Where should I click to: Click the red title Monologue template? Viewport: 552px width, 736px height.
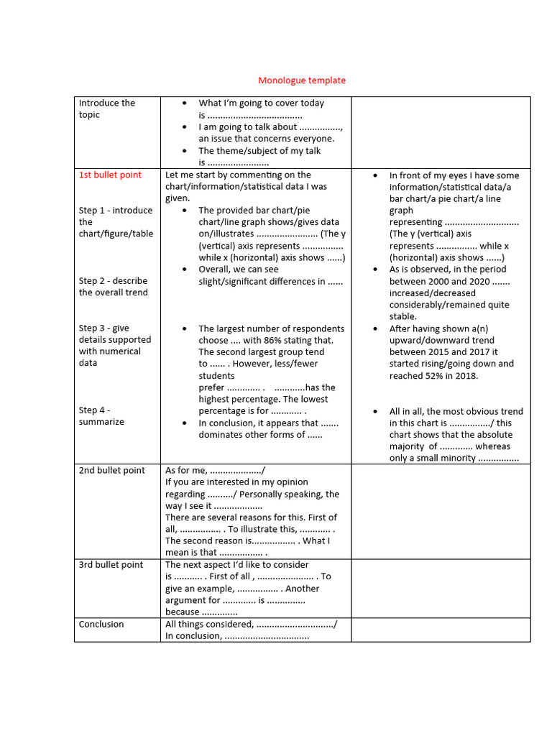pyautogui.click(x=302, y=80)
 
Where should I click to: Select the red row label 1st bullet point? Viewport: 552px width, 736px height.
pyautogui.click(x=110, y=175)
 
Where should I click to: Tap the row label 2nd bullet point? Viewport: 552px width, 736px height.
pyautogui.click(x=111, y=470)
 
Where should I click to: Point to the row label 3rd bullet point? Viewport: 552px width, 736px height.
pyautogui.click(x=111, y=565)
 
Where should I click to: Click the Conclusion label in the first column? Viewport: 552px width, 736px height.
pyautogui.click(x=101, y=624)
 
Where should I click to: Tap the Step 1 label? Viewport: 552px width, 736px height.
pyautogui.click(x=93, y=211)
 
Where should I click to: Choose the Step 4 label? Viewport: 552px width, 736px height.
pyautogui.click(x=95, y=410)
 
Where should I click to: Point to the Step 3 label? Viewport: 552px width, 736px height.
pyautogui.click(x=93, y=328)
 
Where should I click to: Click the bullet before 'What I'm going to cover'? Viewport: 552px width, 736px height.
pyautogui.click(x=185, y=103)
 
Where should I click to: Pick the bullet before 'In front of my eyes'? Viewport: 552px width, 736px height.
pyautogui.click(x=376, y=175)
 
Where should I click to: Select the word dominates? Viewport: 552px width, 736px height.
pyautogui.click(x=224, y=434)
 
